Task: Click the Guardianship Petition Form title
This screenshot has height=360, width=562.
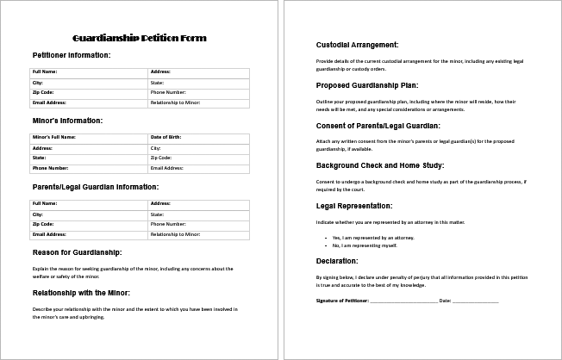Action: pyautogui.click(x=140, y=39)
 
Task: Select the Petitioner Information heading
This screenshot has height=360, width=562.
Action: pyautogui.click(x=72, y=55)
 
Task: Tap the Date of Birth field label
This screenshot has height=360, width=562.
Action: pyautogui.click(x=167, y=136)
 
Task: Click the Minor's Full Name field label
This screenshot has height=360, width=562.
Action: pyautogui.click(x=54, y=136)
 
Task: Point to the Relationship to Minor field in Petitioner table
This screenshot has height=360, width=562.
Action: pyautogui.click(x=175, y=102)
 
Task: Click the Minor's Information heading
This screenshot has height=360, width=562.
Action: pyautogui.click(x=67, y=120)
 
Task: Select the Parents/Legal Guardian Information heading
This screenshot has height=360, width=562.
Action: pyautogui.click(x=95, y=185)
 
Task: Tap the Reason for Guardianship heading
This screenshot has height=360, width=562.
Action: pyautogui.click(x=77, y=251)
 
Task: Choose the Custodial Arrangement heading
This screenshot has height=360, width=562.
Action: pyautogui.click(x=357, y=44)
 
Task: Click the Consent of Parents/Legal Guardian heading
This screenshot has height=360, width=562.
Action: pyautogui.click(x=380, y=125)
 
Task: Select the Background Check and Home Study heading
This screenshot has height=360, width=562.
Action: pyautogui.click(x=379, y=165)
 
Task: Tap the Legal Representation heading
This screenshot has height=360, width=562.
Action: pyautogui.click(x=354, y=206)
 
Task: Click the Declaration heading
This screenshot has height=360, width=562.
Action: pyautogui.click(x=339, y=260)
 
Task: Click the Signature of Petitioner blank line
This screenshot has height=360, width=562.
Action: pyautogui.click(x=404, y=301)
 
